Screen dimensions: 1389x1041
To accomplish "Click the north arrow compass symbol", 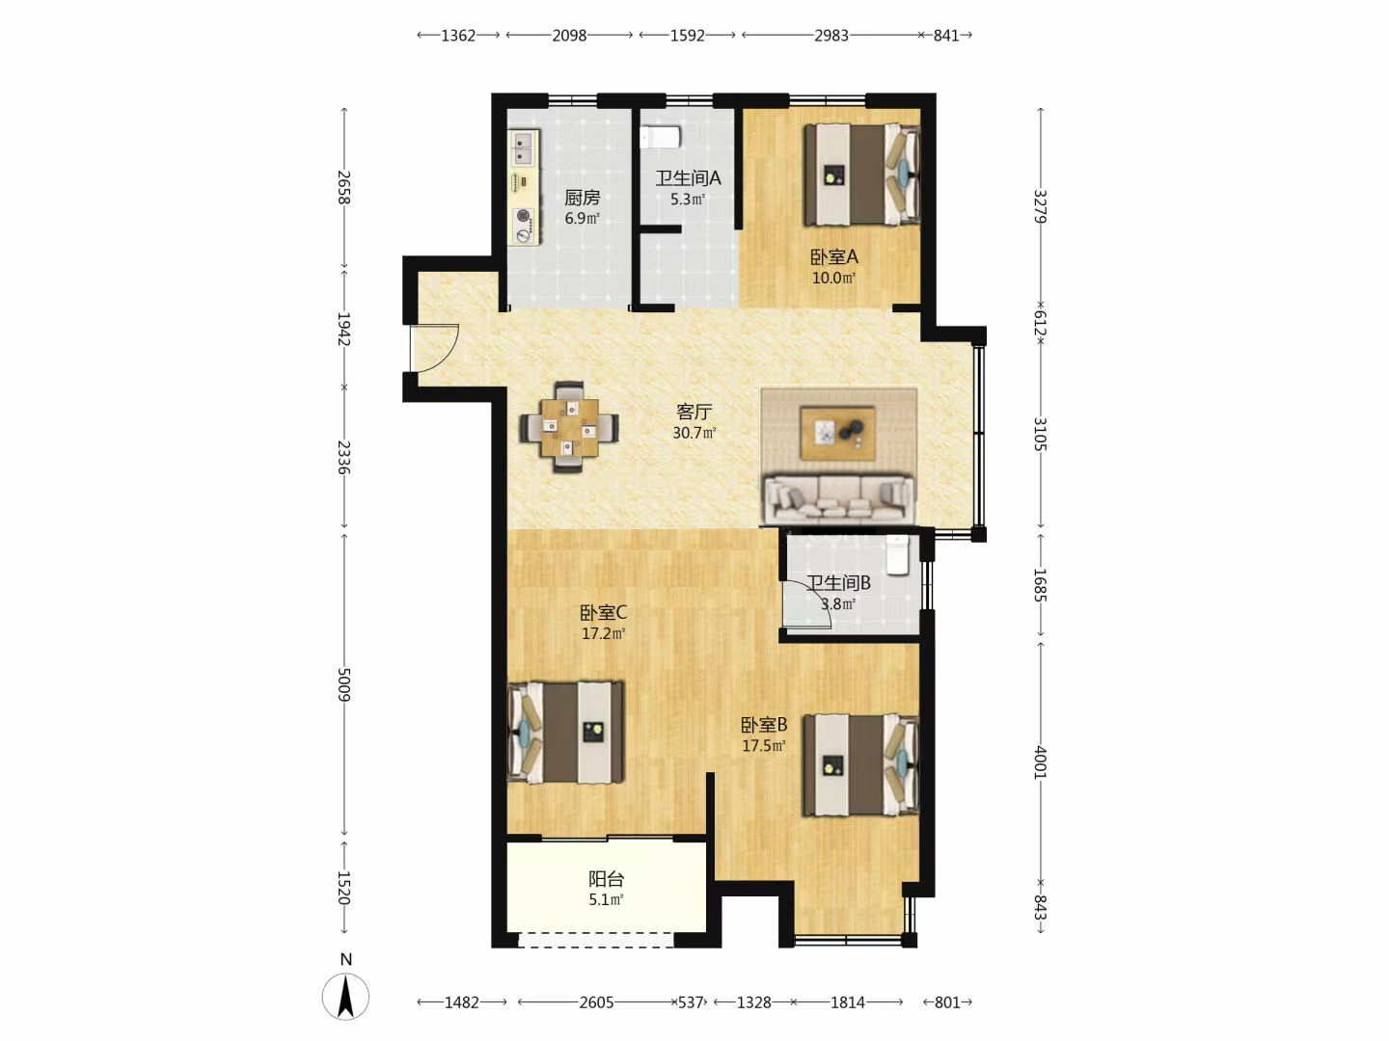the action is pyautogui.click(x=345, y=996).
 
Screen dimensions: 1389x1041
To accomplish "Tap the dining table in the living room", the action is pyautogui.click(x=569, y=427).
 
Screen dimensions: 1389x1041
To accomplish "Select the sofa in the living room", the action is pyautogui.click(x=839, y=498).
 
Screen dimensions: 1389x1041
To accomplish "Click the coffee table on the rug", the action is pyautogui.click(x=838, y=434).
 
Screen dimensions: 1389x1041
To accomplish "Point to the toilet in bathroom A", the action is pyautogui.click(x=660, y=137).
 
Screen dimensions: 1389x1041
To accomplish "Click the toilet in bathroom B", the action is pyautogui.click(x=897, y=555).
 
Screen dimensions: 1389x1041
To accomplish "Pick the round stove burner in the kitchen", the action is pyautogui.click(x=523, y=215).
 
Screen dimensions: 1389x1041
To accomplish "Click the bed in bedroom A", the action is pyautogui.click(x=861, y=174).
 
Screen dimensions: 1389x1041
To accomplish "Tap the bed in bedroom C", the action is pyautogui.click(x=565, y=732).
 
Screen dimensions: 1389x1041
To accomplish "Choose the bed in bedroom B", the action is pyautogui.click(x=861, y=765).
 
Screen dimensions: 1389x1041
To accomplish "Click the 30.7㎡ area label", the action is pyautogui.click(x=694, y=433).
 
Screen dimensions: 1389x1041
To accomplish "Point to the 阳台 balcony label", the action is pyautogui.click(x=606, y=878).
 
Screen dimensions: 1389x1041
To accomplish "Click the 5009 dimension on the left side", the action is pyautogui.click(x=343, y=684).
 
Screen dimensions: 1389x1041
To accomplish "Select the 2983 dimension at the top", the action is pyautogui.click(x=831, y=36).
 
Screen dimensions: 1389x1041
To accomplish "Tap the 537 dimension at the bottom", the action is pyautogui.click(x=691, y=1002).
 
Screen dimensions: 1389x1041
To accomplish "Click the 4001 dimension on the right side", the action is pyautogui.click(x=1041, y=762).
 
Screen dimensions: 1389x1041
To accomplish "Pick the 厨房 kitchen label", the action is pyautogui.click(x=583, y=198).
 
